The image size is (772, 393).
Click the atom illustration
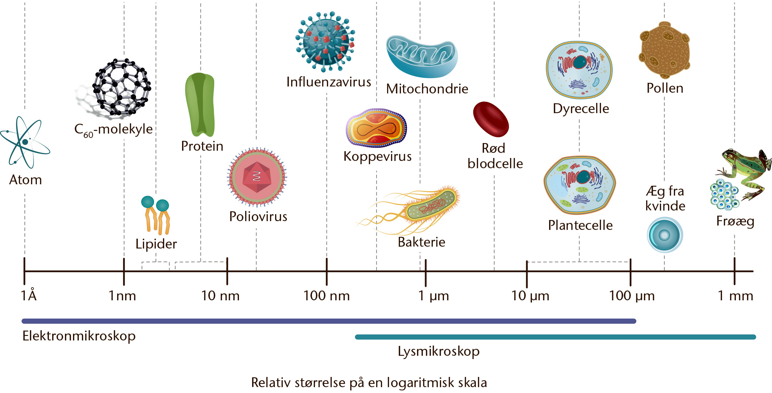coord(25,142)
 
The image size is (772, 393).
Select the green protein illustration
coord(200,105)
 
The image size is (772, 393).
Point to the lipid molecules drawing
coord(156,215)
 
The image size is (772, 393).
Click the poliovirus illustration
coord(257,177)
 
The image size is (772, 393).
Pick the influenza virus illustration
coord(325,41)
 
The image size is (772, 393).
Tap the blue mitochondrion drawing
coord(422,57)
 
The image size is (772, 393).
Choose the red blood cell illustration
coord(491,119)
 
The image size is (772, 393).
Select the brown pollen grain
coord(664,50)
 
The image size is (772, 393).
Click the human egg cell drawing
coord(665,235)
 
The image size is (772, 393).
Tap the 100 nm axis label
coord(327,296)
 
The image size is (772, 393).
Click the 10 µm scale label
coord(530,296)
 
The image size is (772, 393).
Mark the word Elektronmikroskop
coord(79,336)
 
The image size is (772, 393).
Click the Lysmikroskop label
coord(439,352)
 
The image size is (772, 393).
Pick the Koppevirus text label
coord(378,157)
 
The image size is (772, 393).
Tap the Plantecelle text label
coord(580,225)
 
